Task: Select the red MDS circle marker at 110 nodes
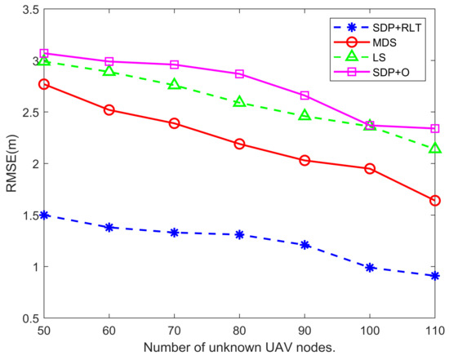tap(435, 200)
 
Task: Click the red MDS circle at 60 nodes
tap(109, 109)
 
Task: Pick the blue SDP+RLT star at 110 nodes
tap(435, 276)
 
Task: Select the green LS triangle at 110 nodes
tap(435, 149)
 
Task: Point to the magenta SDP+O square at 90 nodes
tap(305, 96)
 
